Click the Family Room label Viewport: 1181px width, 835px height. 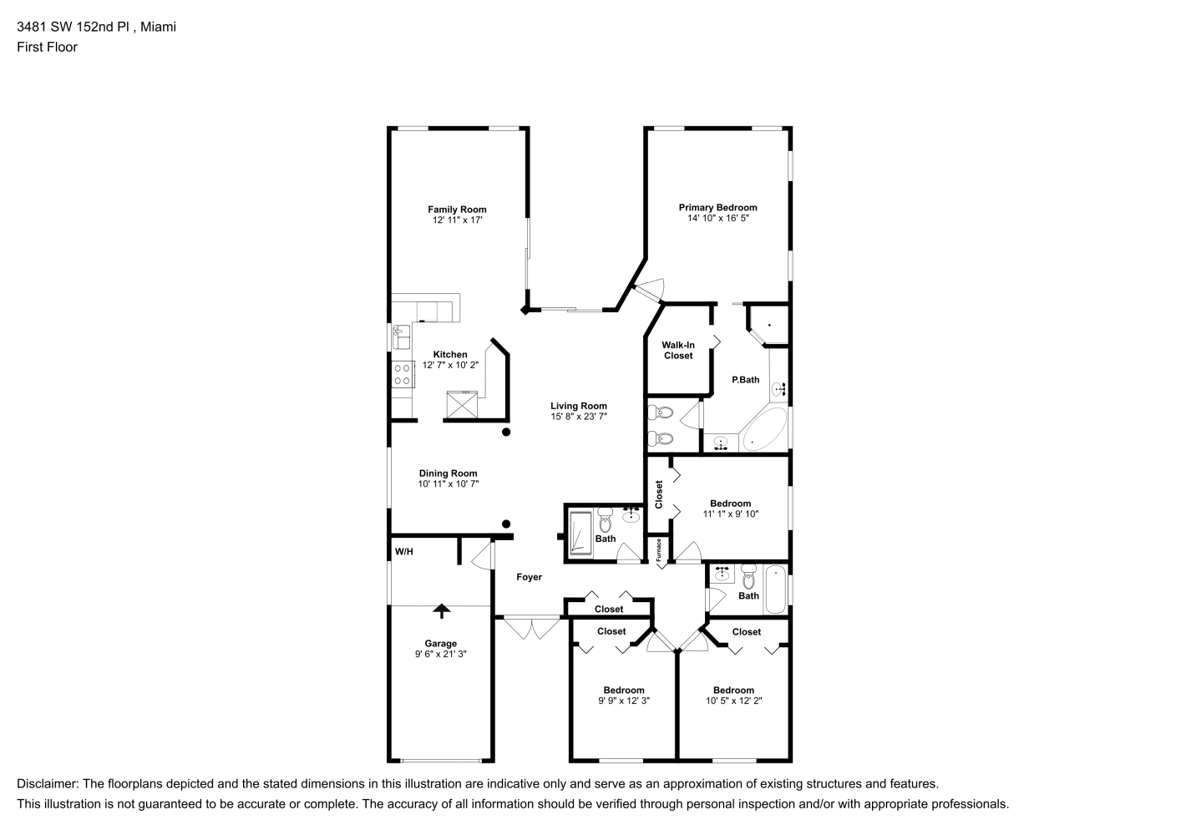coord(457,210)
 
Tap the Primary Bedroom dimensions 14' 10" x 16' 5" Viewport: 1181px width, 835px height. coord(717,218)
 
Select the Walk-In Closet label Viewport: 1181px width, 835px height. coord(678,351)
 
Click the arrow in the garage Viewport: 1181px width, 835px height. coord(441,611)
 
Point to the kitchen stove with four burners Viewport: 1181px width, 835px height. coord(403,374)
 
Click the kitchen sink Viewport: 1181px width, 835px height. coord(402,337)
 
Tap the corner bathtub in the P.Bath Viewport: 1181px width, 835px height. coord(763,429)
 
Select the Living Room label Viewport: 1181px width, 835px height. coord(578,406)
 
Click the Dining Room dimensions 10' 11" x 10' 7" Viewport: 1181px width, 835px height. coord(449,484)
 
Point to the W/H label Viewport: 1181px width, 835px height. coord(404,552)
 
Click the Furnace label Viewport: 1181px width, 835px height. coord(658,550)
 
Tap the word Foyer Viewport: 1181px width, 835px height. coord(529,577)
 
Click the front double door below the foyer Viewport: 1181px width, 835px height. coord(531,627)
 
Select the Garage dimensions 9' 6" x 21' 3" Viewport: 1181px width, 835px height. coord(441,654)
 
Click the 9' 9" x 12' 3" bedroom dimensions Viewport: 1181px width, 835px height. coord(624,701)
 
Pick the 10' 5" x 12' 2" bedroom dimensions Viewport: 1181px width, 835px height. coord(733,701)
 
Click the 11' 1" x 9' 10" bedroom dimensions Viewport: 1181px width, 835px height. coord(730,514)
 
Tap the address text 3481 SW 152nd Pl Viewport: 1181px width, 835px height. coord(73,27)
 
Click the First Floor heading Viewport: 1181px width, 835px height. coord(47,47)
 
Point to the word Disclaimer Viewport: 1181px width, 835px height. coord(48,784)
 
